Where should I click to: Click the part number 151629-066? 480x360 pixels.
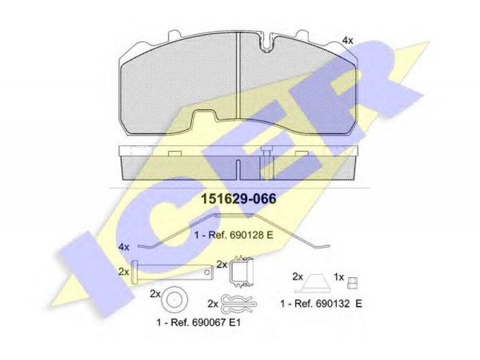(x=238, y=199)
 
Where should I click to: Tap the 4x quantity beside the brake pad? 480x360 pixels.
(x=347, y=40)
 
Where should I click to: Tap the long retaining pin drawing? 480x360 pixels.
(x=172, y=272)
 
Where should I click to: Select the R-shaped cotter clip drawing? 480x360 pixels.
(x=239, y=303)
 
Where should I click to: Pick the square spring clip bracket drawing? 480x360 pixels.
(x=242, y=271)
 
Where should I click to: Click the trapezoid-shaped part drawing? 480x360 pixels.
(x=317, y=284)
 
